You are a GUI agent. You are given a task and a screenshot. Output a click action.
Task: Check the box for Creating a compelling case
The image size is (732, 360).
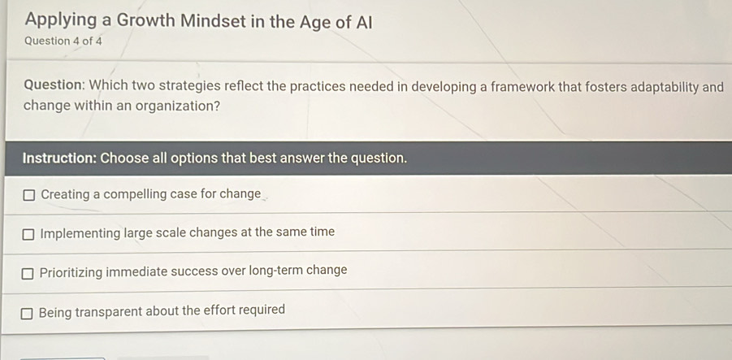(29, 195)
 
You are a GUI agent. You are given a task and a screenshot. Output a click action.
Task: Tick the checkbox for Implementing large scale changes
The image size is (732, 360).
(28, 234)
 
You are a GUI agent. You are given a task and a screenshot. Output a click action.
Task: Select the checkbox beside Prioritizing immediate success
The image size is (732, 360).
(28, 273)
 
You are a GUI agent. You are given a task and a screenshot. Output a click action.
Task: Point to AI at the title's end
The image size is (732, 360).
(364, 22)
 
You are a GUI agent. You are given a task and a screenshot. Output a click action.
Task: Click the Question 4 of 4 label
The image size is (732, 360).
(63, 41)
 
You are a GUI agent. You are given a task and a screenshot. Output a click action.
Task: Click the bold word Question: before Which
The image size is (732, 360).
(54, 85)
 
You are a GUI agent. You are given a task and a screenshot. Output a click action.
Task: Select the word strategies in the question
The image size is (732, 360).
(189, 86)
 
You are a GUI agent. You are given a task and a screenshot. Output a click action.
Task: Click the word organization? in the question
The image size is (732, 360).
(178, 106)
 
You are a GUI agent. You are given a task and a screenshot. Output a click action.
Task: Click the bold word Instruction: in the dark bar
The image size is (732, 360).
(59, 158)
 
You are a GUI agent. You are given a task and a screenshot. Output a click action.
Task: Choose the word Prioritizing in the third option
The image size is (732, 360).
(71, 272)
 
